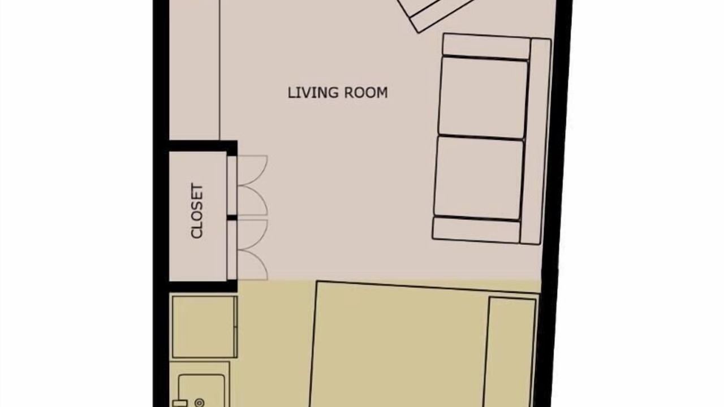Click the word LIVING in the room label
[x=313, y=93]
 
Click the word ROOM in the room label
[x=365, y=93]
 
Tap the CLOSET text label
[x=197, y=211]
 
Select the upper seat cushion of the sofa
[x=483, y=98]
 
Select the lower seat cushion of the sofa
[x=478, y=178]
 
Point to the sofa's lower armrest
[x=476, y=230]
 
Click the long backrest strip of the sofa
[x=535, y=141]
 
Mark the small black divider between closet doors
[x=232, y=218]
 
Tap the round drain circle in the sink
[x=200, y=402]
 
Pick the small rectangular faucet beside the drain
[x=180, y=404]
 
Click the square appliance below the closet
[x=205, y=327]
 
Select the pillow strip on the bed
[x=510, y=352]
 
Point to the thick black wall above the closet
[x=204, y=146]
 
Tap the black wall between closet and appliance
[x=204, y=287]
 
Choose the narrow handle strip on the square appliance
[x=235, y=327]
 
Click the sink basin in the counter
[x=201, y=391]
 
